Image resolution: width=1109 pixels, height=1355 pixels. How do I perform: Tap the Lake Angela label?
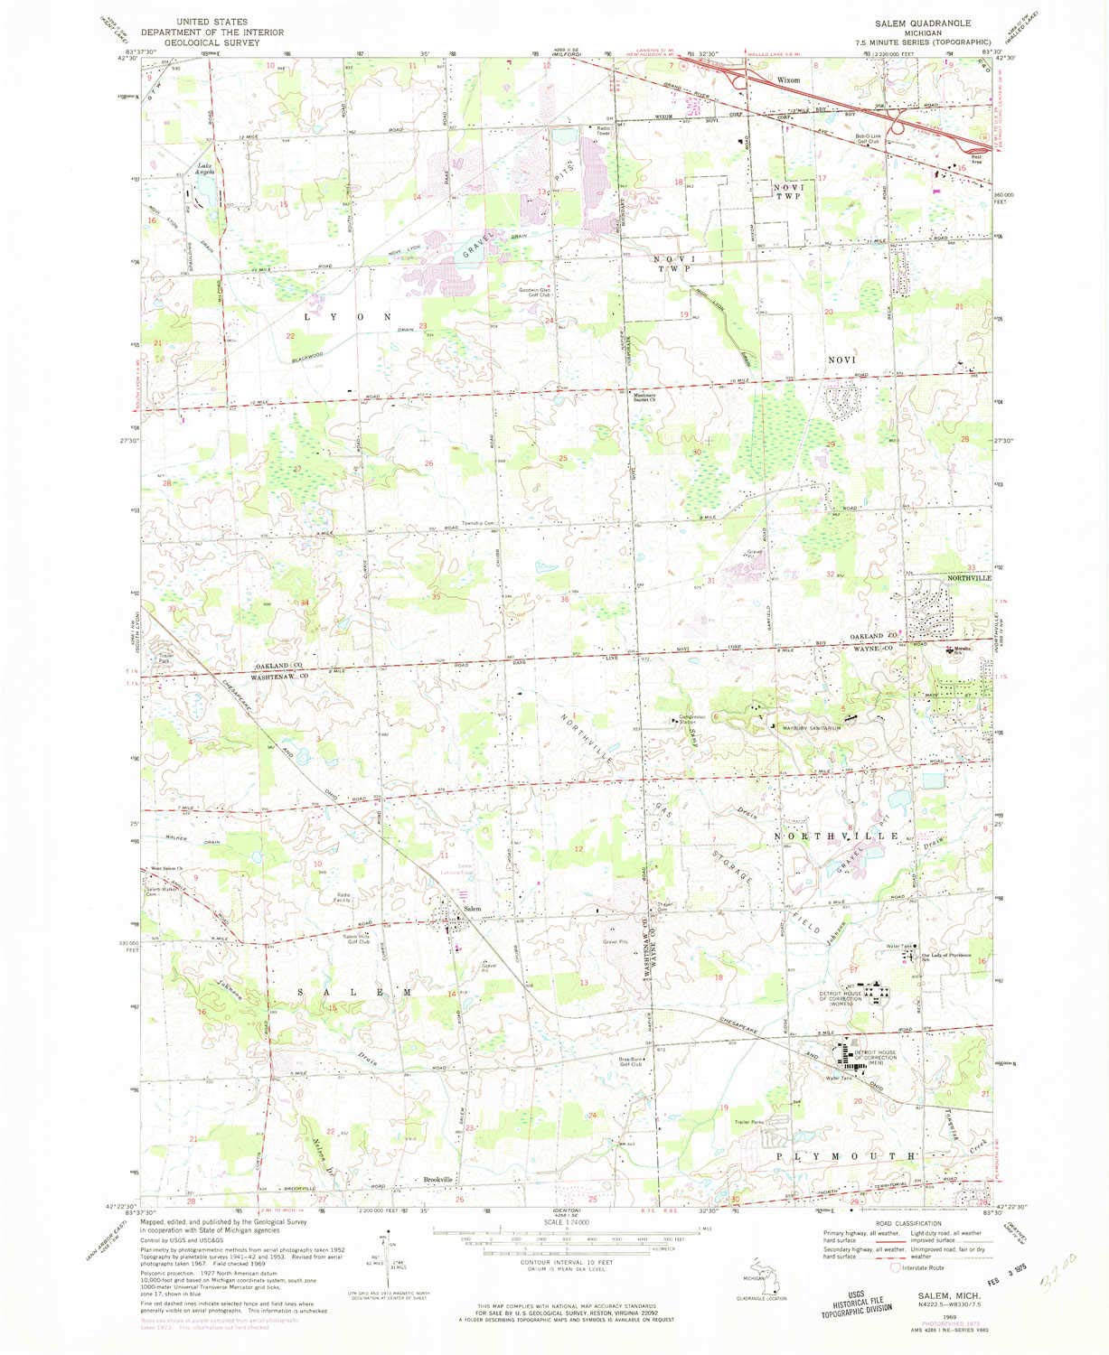point(205,167)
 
